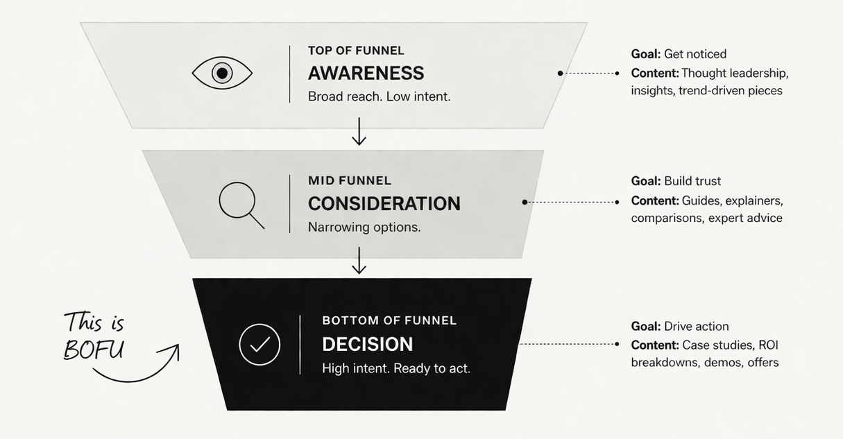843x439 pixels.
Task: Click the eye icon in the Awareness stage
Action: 222,73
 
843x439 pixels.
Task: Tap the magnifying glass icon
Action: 240,204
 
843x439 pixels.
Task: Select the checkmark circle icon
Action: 259,345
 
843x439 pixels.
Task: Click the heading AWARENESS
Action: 366,73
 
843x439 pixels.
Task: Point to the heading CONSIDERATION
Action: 384,203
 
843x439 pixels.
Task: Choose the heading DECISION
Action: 367,344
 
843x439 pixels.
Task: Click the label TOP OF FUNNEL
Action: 356,51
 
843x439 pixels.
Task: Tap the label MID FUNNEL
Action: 350,180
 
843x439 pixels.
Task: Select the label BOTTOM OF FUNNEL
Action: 389,320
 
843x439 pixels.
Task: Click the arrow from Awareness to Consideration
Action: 359,132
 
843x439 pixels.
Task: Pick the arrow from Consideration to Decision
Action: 359,261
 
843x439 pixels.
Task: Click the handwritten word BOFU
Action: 94,350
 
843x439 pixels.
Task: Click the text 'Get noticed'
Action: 695,54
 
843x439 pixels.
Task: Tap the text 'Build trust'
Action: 692,181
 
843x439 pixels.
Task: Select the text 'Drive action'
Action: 696,326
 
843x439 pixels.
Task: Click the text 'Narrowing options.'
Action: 364,227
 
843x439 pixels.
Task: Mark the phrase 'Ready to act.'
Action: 432,368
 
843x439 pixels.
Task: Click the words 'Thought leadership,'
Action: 735,73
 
